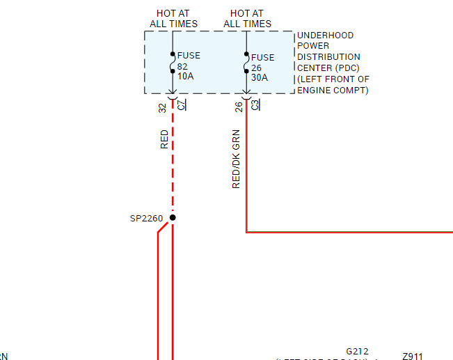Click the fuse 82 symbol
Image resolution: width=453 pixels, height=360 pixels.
173,62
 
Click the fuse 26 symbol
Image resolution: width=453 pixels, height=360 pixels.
246,62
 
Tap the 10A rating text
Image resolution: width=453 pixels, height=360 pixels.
185,76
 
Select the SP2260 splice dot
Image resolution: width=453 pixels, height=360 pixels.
173,218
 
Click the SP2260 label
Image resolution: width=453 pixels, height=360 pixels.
146,219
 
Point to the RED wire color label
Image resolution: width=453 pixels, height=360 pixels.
164,139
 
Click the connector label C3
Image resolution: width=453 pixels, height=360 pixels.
255,105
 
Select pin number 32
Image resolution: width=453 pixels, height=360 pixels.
163,107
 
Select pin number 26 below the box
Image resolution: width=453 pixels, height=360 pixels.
238,107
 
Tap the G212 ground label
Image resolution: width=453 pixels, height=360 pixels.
357,352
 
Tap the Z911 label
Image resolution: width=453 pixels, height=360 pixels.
412,357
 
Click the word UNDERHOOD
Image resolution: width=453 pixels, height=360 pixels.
325,36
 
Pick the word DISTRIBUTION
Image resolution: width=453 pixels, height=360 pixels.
328,57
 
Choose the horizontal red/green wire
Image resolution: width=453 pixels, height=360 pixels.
348,232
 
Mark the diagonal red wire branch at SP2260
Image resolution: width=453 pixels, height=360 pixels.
164,227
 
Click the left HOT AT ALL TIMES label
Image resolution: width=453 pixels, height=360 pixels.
173,18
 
